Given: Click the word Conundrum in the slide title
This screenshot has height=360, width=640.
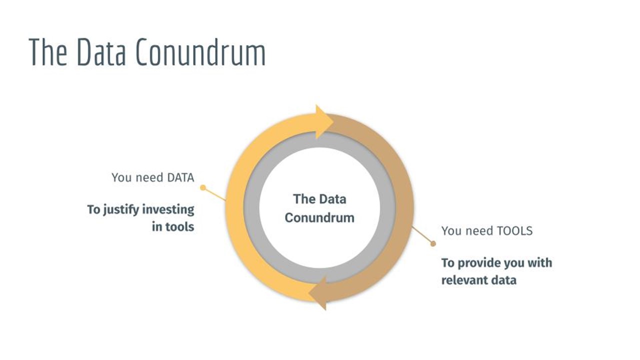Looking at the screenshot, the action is point(200,52).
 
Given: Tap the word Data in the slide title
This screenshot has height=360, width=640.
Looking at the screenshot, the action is point(101,52).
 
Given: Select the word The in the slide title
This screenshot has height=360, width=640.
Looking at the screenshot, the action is point(48,52).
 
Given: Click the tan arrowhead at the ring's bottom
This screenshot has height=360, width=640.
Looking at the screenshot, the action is point(317,293).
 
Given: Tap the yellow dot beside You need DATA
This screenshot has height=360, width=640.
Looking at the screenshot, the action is point(203,187).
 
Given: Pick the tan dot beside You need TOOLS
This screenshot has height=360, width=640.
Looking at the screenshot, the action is point(433,243).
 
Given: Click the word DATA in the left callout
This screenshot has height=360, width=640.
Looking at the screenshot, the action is point(180,177).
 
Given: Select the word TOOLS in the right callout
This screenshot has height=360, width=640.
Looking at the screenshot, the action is point(515,231).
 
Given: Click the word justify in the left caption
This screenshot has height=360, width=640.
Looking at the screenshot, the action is point(121,210).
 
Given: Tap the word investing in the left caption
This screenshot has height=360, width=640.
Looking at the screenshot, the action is point(168,210).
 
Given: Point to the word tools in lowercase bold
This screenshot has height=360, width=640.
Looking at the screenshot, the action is point(179,227).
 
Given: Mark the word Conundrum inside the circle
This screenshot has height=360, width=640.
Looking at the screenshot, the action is point(319,217).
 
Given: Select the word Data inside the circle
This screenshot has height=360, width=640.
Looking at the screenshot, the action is point(332,199).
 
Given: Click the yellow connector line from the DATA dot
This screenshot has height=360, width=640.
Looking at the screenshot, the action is point(214,194).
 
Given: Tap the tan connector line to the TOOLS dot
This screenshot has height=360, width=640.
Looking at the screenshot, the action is point(422,235).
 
